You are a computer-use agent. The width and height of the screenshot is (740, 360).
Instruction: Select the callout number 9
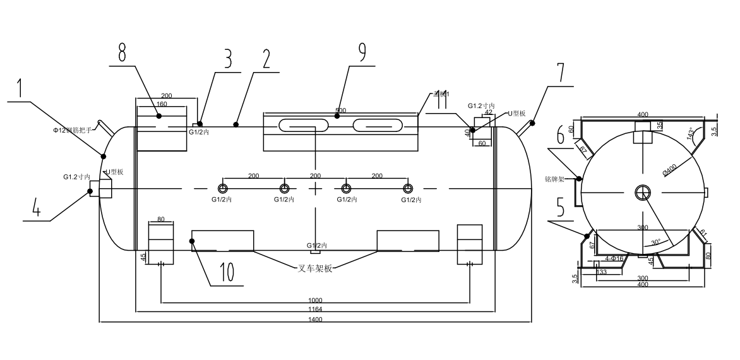pos(362,52)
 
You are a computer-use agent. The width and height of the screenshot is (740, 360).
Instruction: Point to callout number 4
pos(37,208)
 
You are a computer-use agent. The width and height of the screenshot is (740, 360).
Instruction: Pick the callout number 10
pos(227,272)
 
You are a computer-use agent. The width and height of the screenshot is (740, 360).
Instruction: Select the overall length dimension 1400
pos(316,320)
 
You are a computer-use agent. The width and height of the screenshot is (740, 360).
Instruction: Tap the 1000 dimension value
pos(316,299)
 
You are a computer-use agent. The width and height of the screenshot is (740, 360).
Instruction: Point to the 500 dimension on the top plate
pos(340,111)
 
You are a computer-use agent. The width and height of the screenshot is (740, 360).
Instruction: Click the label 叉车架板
pos(315,268)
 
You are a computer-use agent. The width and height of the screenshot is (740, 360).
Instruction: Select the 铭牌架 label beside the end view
pos(554,179)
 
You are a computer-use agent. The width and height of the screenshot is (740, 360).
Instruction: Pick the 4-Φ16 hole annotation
pos(614,258)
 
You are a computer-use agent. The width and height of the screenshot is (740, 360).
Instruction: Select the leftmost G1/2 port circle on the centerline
pos(223,189)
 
